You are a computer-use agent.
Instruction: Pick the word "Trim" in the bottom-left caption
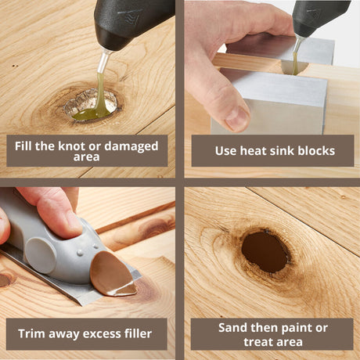pos(34,333)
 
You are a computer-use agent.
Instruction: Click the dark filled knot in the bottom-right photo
pos(265,251)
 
